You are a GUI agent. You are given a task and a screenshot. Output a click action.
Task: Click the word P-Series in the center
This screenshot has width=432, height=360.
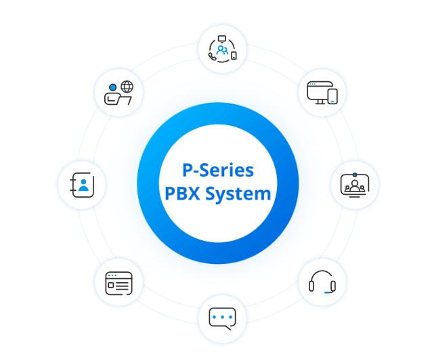tap(217, 169)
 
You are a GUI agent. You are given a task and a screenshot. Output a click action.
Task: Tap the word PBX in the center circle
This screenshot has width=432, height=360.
tap(182, 194)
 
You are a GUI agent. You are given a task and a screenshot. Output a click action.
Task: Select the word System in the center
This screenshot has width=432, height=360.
tap(237, 194)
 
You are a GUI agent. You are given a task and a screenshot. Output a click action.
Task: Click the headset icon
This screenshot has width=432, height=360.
tap(322, 282)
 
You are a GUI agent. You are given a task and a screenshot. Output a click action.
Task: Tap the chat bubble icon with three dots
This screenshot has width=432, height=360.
tap(222, 317)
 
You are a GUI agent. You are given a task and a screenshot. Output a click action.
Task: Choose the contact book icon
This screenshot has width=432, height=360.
tap(82, 185)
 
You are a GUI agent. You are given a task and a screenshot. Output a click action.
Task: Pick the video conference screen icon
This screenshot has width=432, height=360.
tap(354, 184)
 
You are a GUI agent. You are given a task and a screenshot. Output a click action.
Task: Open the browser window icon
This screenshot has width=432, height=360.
tap(118, 282)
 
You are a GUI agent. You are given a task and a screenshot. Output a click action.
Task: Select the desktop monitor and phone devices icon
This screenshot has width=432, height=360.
tap(322, 92)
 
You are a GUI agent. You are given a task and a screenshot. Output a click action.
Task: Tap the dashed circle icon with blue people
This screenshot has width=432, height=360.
tap(222, 49)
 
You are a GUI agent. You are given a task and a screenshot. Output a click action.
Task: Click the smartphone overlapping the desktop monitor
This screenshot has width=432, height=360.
tap(332, 97)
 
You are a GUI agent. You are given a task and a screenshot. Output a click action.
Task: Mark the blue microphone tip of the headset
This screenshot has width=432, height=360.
tap(328, 292)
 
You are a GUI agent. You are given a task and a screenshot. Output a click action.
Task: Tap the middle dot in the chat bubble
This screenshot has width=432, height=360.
tap(222, 316)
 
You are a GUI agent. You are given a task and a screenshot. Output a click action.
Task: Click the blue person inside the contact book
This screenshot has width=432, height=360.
tap(83, 184)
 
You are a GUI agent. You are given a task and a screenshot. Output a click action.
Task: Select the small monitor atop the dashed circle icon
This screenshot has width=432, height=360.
tap(222, 38)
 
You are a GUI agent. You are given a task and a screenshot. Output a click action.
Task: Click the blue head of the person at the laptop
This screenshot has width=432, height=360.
tap(112, 87)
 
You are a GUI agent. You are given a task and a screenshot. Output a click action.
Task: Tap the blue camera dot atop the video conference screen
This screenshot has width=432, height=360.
tap(354, 175)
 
